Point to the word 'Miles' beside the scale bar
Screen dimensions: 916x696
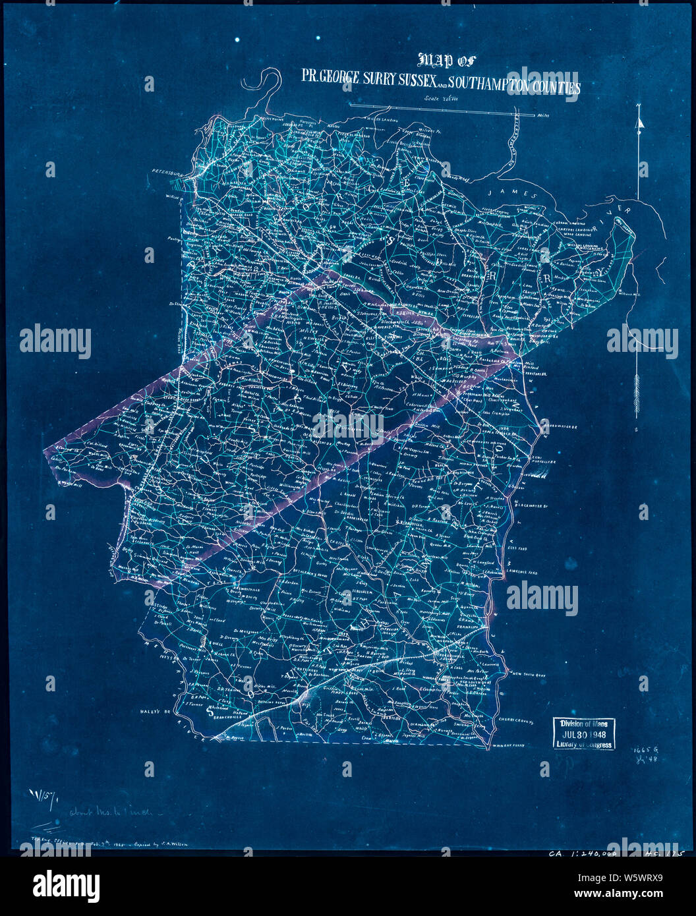[544, 115]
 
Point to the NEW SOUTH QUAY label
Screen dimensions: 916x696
[533, 675]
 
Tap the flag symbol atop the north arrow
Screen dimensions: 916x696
[639, 121]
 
